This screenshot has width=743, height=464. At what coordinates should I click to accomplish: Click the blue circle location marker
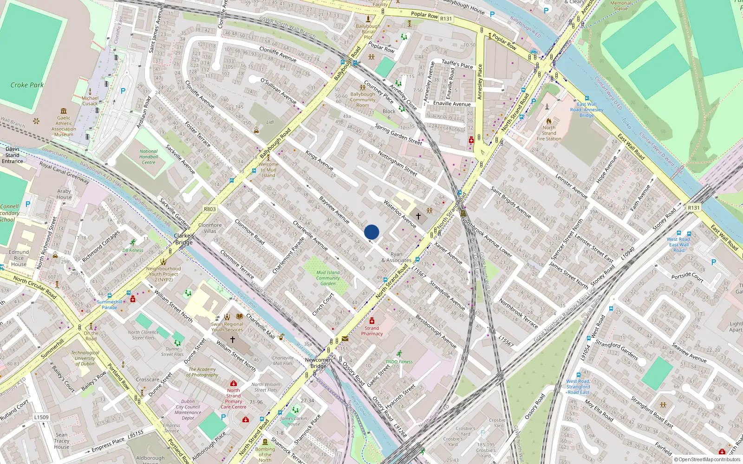pyautogui.click(x=371, y=232)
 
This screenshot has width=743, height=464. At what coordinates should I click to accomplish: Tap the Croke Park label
pyautogui.click(x=27, y=85)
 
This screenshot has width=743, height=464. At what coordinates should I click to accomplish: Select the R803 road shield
pyautogui.click(x=210, y=209)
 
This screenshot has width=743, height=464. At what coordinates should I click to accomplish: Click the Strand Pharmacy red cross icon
pyautogui.click(x=372, y=321)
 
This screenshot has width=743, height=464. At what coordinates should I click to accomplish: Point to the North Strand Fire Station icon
pyautogui.click(x=549, y=121)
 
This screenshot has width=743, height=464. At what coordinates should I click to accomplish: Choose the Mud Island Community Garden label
pyautogui.click(x=328, y=278)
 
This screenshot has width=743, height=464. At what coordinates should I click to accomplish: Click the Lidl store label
pyautogui.click(x=270, y=122)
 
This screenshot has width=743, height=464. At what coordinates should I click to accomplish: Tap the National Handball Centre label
pyautogui.click(x=149, y=157)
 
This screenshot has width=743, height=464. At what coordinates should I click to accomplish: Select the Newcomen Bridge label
pyautogui.click(x=319, y=363)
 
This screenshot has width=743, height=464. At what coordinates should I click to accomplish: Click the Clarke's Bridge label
pyautogui.click(x=184, y=239)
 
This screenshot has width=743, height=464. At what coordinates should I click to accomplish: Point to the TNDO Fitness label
pyautogui.click(x=399, y=361)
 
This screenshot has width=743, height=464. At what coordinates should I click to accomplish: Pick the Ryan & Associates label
pyautogui.click(x=396, y=257)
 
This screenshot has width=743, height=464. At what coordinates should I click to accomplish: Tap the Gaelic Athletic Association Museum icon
pyautogui.click(x=64, y=111)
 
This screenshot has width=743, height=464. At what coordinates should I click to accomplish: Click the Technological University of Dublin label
pyautogui.click(x=85, y=358)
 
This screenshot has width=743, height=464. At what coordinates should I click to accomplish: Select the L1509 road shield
pyautogui.click(x=41, y=417)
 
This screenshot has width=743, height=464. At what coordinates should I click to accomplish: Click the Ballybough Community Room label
pyautogui.click(x=363, y=100)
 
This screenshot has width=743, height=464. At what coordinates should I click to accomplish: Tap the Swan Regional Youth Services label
pyautogui.click(x=227, y=327)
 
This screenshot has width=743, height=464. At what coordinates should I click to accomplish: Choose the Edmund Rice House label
pyautogui.click(x=19, y=258)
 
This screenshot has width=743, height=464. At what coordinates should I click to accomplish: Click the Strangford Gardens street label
pyautogui.click(x=617, y=350)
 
